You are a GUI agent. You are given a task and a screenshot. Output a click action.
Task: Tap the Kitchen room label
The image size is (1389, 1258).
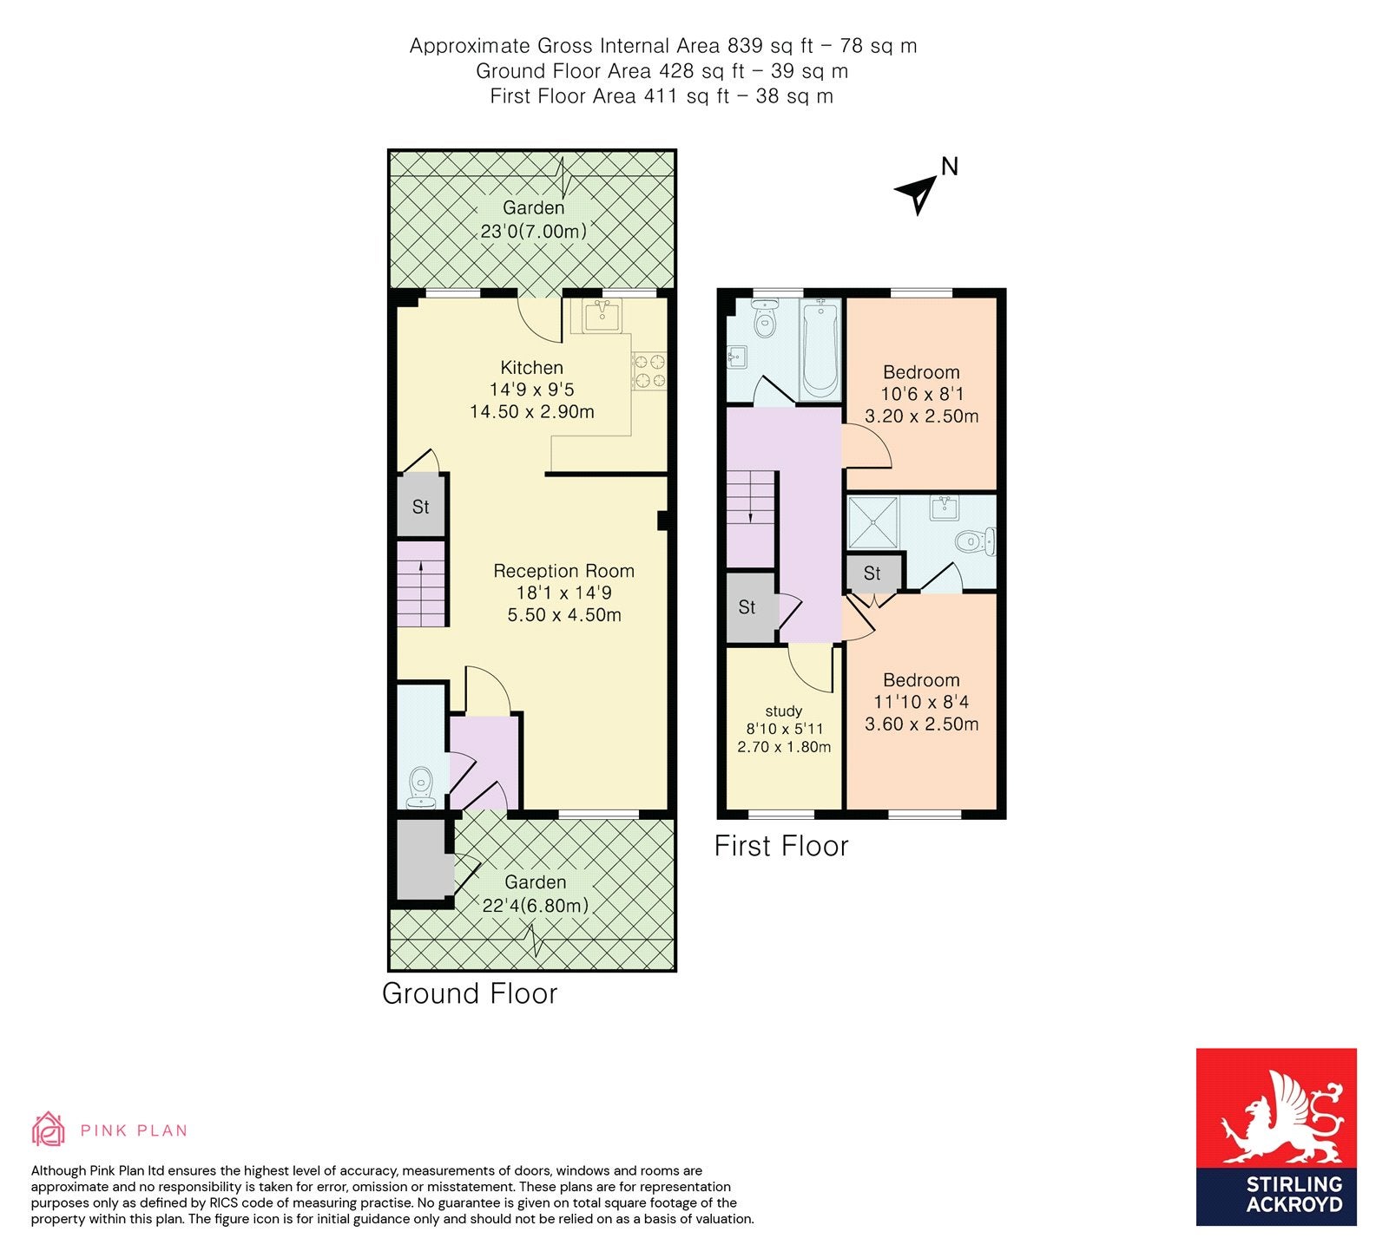pos(532,367)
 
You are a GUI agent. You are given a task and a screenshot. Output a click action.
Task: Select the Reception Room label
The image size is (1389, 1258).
pos(564,571)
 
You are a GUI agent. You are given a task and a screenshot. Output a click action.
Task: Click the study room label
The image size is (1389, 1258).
pos(784,711)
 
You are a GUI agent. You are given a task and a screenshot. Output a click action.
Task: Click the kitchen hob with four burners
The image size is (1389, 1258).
pos(649,370)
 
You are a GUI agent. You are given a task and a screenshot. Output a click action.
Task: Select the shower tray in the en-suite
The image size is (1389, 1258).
pos(873,521)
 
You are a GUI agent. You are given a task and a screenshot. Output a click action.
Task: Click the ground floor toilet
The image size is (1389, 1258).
pos(421,786)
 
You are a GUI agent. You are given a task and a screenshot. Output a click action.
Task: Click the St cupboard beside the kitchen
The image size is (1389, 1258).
pos(421,506)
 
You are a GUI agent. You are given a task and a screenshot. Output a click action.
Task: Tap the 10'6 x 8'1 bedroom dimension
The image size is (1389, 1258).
pos(922,394)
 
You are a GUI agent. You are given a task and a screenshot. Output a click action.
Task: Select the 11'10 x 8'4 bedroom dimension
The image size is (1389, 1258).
pos(922,702)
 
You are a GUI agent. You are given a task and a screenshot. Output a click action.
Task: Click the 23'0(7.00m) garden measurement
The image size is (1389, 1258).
pos(534,232)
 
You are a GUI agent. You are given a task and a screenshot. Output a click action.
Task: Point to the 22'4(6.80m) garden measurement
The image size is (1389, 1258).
pos(536,906)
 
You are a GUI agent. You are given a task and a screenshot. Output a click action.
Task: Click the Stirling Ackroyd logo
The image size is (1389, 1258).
pos(1276,1137)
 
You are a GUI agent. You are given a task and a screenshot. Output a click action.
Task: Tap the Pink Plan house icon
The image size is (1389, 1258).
pos(49,1129)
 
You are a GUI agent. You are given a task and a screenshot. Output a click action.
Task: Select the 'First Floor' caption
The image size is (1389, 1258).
pos(781,846)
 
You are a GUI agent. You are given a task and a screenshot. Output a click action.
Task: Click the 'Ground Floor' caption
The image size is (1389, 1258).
pos(470,993)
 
